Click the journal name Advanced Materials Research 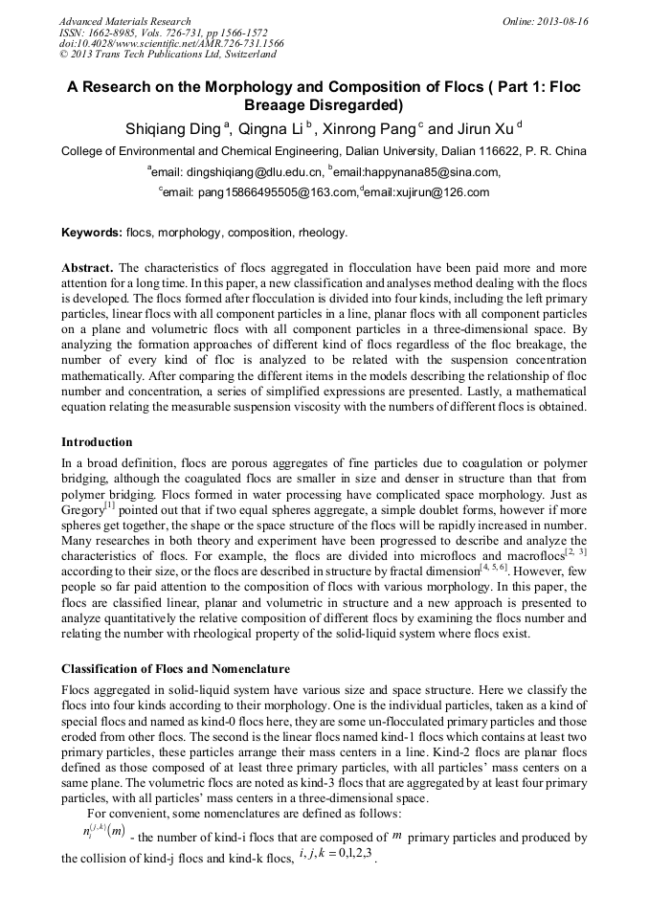point(124,21)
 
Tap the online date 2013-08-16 point(559,21)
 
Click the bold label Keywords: point(92,233)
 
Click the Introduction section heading point(97,442)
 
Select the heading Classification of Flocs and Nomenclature point(175,668)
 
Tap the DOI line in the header point(171,43)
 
